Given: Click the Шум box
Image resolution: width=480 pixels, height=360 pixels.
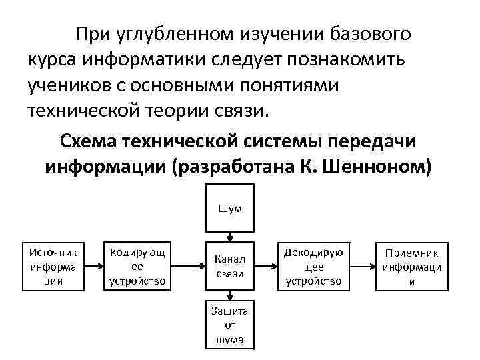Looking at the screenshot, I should (229, 208).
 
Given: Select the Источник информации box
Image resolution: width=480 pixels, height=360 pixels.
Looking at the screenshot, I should (53, 266).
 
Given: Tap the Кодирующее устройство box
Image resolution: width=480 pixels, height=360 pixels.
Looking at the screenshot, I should (137, 266).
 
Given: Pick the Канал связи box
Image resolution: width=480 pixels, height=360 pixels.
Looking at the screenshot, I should (229, 266).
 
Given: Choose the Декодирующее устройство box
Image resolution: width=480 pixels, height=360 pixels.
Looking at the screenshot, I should (313, 266).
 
